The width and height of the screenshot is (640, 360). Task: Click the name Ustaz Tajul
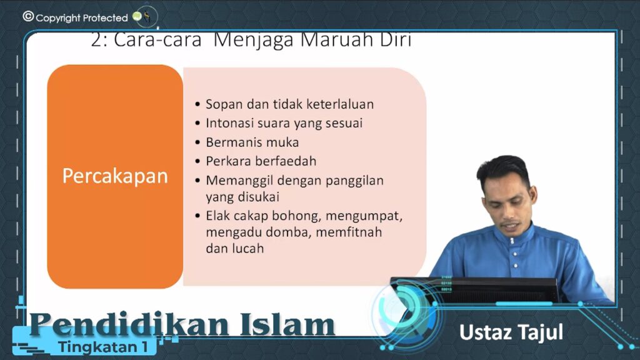point(511,332)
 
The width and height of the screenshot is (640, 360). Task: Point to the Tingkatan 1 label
point(103,347)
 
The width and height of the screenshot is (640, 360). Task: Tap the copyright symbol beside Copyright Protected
point(28,16)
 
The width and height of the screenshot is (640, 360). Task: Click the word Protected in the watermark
point(105,18)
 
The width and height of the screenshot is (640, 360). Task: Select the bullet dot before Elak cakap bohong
point(198,216)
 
